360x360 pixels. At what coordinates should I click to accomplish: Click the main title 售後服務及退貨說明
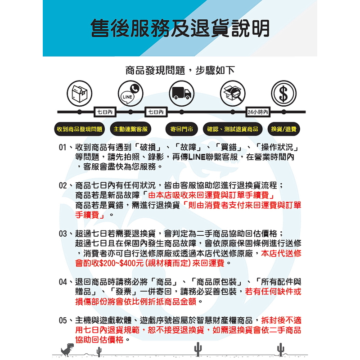tap(180, 28)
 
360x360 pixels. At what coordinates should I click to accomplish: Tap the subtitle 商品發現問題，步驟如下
tap(180, 71)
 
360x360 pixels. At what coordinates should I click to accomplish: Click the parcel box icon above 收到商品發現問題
tap(79, 93)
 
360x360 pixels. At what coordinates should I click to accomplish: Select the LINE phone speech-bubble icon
tap(130, 93)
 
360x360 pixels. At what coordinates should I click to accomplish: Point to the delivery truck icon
tap(181, 93)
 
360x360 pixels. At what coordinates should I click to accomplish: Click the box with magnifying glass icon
tap(232, 93)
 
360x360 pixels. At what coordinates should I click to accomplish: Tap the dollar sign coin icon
tap(283, 93)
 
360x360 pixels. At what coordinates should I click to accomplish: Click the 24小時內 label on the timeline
tap(258, 112)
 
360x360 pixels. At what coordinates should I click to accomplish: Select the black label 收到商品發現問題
tap(79, 129)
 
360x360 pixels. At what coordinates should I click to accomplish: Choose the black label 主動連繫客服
tap(130, 129)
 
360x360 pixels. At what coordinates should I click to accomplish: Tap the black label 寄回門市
tap(181, 129)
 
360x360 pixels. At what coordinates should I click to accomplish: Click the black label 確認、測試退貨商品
tap(233, 129)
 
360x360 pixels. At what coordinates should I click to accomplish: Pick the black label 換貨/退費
tap(283, 129)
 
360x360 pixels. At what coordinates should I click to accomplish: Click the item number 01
tap(63, 148)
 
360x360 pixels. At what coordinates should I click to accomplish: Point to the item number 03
tap(63, 234)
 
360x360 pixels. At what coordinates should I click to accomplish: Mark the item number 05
tap(63, 320)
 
